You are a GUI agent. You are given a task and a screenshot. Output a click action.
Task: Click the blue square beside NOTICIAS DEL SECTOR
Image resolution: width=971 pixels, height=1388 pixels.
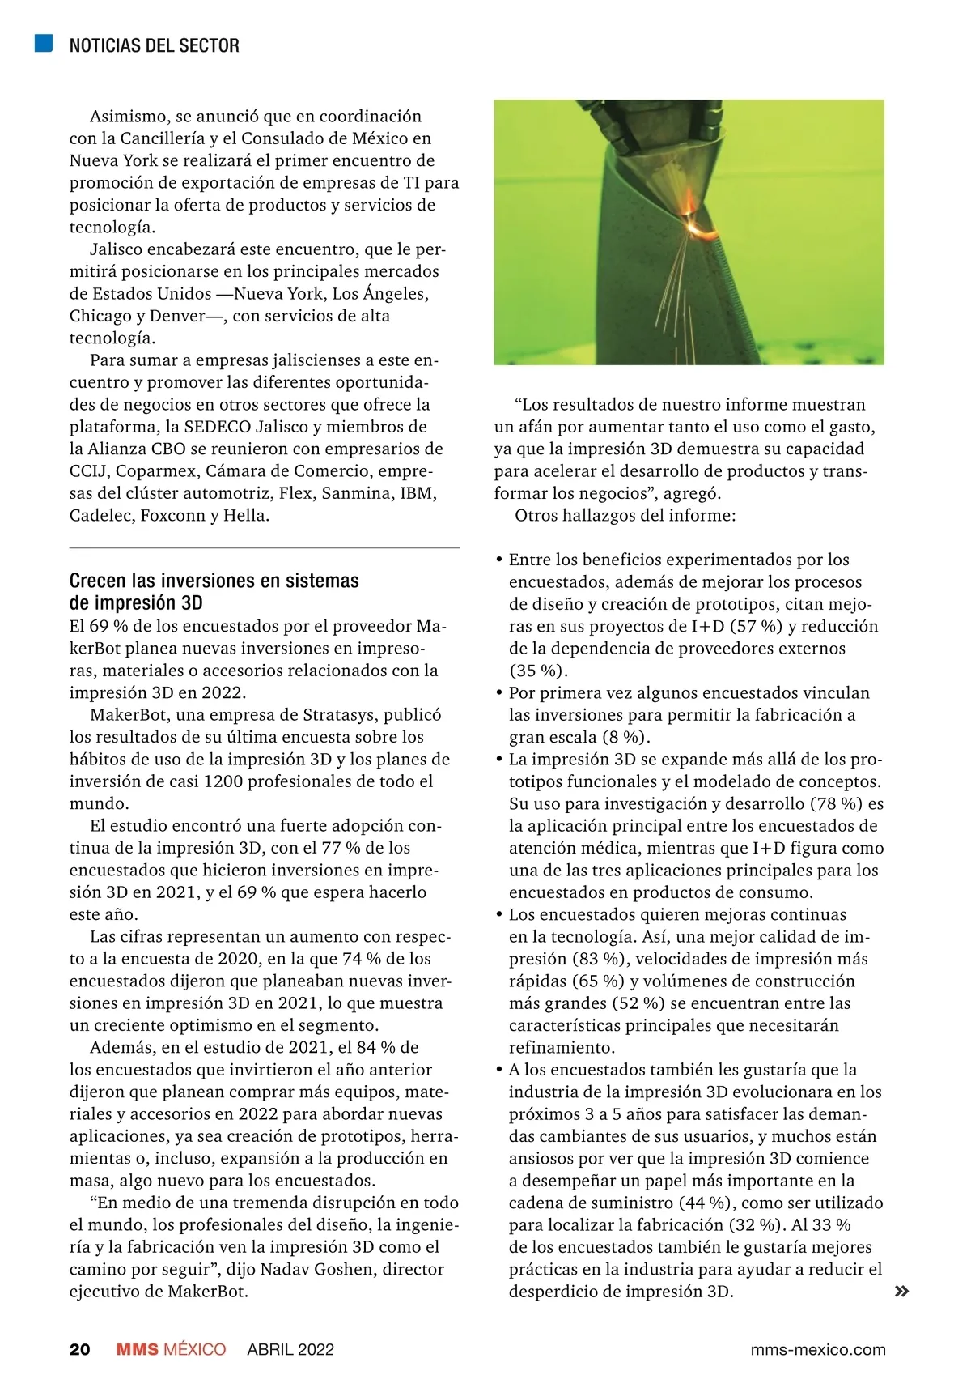[44, 43]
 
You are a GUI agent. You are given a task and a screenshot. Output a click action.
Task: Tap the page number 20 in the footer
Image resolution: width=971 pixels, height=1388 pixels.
[80, 1349]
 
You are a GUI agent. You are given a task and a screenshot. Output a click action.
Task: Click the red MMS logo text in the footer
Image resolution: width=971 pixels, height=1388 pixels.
[138, 1349]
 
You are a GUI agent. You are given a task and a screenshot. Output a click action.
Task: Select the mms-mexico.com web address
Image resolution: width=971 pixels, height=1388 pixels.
[818, 1349]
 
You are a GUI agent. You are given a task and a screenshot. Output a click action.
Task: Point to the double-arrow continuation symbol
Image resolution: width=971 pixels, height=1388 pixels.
[901, 1292]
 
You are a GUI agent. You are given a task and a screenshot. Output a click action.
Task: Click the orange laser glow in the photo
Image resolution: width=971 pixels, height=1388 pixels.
[698, 229]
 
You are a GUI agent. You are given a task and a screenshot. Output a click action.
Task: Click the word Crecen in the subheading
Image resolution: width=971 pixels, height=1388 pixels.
[98, 581]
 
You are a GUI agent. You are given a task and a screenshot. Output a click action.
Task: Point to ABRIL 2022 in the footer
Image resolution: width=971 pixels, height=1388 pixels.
[290, 1349]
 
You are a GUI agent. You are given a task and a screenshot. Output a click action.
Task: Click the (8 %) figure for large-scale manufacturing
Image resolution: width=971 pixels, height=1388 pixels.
[625, 738]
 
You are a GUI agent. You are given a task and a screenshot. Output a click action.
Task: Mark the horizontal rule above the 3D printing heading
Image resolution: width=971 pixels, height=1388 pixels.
[264, 548]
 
